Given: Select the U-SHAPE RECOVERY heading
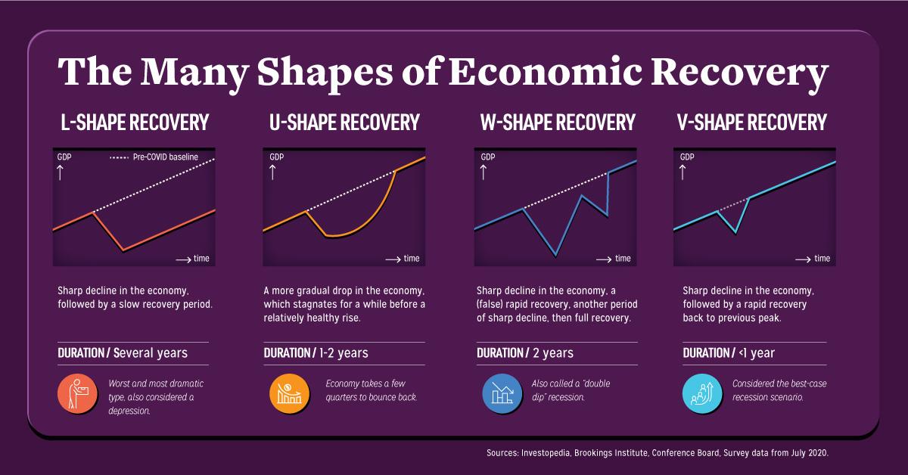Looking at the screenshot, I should [x=344, y=122].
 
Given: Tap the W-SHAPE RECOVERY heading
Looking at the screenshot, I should [x=557, y=122].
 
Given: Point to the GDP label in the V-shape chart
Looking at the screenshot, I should [x=687, y=157].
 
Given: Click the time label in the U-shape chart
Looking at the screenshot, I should [x=412, y=259].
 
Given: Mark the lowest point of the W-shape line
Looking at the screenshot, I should [x=556, y=256].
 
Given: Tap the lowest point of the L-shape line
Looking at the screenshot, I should [x=123, y=250].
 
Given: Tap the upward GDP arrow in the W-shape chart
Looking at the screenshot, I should [x=482, y=172].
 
